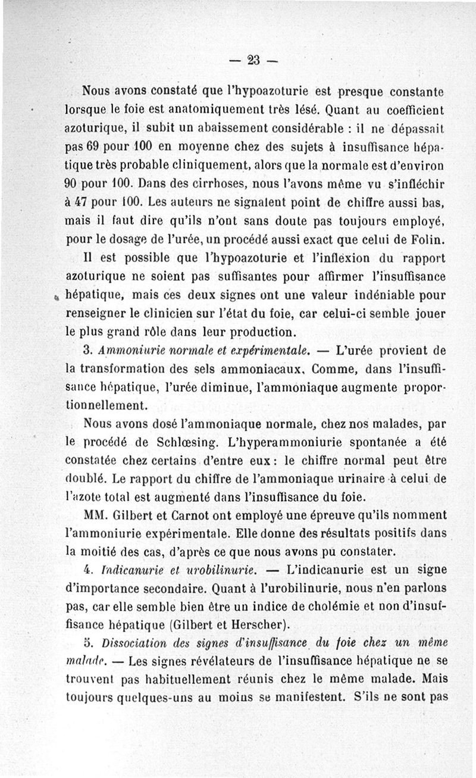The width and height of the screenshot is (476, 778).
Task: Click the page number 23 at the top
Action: tap(253, 60)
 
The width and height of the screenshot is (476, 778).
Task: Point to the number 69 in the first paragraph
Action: tap(91, 146)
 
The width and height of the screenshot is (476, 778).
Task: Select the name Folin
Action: tap(430, 240)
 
